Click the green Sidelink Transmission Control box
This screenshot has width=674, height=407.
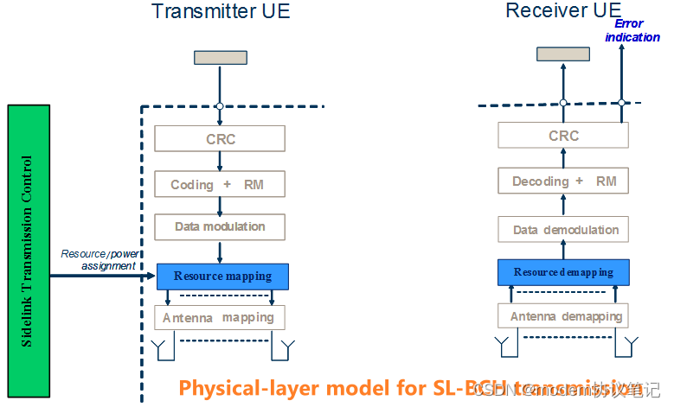29,251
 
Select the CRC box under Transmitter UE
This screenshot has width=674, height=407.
220,138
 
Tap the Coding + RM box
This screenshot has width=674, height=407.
220,184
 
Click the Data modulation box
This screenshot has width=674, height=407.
220,226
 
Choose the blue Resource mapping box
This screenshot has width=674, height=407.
222,277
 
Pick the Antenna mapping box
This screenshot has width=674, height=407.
220,317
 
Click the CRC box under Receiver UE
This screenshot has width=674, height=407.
563,136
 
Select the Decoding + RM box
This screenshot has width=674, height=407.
563,181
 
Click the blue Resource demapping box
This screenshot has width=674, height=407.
563,272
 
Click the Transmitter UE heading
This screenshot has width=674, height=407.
221,12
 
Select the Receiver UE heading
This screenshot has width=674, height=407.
562,10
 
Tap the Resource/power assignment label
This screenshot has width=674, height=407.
99,260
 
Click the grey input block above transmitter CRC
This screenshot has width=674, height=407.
220,58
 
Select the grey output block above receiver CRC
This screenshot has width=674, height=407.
563,54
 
